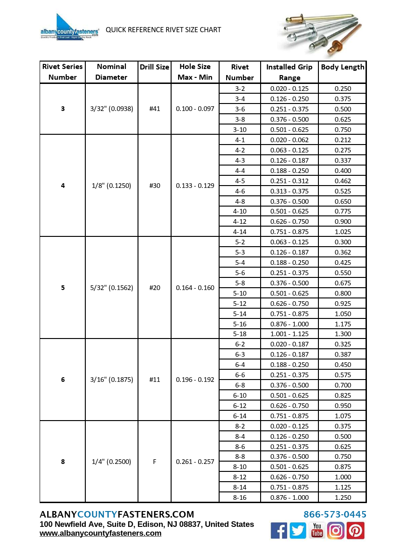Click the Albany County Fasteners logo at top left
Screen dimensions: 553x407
coord(70,28)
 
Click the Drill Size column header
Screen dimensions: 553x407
coord(154,67)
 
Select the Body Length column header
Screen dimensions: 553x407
coord(343,67)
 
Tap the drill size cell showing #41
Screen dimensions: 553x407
coord(154,109)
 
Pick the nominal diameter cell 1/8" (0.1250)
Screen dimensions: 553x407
coord(111,186)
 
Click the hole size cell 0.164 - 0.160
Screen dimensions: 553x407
coord(195,288)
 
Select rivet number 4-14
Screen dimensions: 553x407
coord(240,232)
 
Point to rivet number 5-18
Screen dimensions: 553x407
coord(240,334)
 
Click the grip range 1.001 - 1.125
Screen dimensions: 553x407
coord(290,334)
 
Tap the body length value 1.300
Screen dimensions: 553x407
coord(343,334)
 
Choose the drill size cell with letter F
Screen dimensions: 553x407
coord(154,462)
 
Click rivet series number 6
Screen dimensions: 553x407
coord(63,380)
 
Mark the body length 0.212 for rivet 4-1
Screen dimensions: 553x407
coord(343,140)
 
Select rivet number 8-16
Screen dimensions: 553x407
coord(240,498)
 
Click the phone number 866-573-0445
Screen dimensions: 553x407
coord(335,514)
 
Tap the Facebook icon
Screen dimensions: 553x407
coord(279,531)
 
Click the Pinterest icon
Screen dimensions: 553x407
coord(355,531)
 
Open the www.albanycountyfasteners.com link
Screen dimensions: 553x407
coord(101,533)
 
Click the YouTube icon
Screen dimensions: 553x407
coord(317,531)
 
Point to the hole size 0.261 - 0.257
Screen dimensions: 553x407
coord(195,462)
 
